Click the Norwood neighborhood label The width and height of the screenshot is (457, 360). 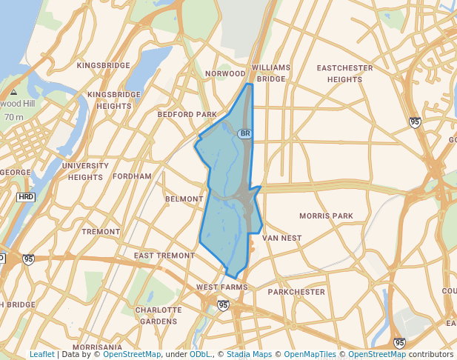click(x=224, y=74)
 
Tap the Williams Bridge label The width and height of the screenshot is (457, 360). click(x=271, y=73)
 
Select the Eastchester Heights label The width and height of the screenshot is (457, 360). click(x=344, y=73)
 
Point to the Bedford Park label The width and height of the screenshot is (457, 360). click(x=187, y=115)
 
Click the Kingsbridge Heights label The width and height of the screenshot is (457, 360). click(x=113, y=100)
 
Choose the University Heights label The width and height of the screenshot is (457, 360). click(x=85, y=171)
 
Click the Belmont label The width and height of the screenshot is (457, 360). click(x=184, y=199)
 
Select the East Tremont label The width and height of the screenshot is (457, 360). click(x=164, y=256)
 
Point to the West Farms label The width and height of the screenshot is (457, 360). click(x=221, y=287)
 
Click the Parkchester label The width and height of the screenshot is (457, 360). click(x=296, y=292)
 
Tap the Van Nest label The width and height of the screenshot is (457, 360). click(x=281, y=239)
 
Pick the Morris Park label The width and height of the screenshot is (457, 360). click(x=326, y=216)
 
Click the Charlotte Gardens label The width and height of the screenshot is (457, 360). click(x=158, y=316)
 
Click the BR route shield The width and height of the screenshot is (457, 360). click(x=244, y=133)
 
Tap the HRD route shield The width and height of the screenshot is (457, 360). click(x=26, y=197)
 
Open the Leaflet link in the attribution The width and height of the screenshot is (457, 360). click(x=41, y=354)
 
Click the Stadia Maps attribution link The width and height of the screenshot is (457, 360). click(x=249, y=354)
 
